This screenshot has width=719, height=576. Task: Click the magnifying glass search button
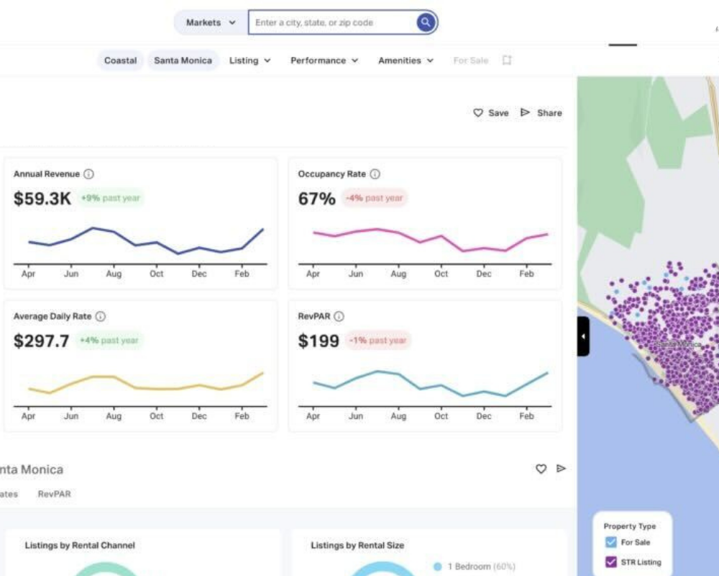click(426, 22)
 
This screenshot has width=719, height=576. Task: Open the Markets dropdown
click(211, 22)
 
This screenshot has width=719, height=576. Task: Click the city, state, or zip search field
click(331, 22)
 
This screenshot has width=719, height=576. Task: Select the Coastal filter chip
click(120, 60)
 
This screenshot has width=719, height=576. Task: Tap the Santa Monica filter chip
click(183, 60)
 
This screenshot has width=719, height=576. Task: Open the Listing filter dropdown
click(249, 60)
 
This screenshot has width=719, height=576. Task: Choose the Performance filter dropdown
click(324, 60)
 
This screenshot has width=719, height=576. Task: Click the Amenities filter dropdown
click(406, 60)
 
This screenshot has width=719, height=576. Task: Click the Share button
click(541, 113)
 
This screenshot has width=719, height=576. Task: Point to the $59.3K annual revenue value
click(42, 199)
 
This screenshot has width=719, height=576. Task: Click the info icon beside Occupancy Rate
click(375, 174)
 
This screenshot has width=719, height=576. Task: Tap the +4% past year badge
click(109, 341)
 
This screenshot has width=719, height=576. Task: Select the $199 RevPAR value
click(319, 341)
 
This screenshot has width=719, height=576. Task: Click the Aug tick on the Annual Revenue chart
click(114, 274)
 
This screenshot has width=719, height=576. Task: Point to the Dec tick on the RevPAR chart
click(484, 416)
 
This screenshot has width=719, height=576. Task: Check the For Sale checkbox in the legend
click(611, 542)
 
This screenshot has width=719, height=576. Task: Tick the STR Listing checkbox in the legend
click(611, 562)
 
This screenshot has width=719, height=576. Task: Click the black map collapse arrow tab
click(583, 336)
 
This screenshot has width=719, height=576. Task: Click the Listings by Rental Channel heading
click(80, 545)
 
